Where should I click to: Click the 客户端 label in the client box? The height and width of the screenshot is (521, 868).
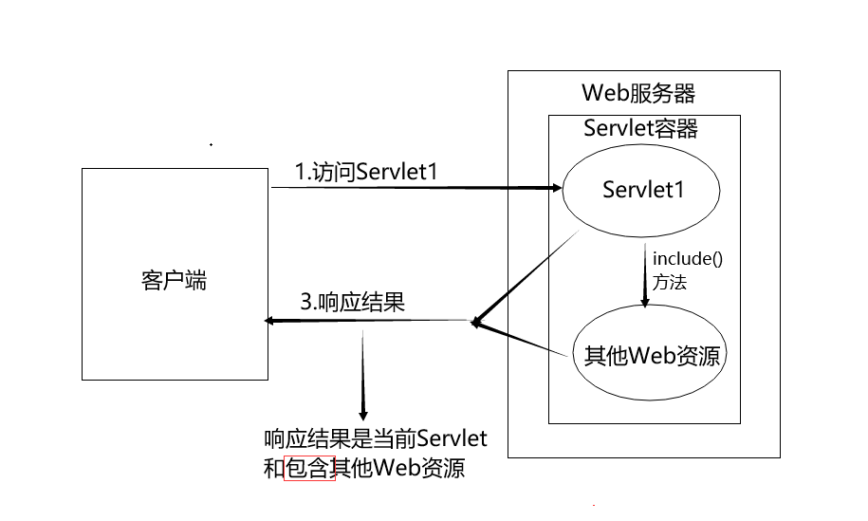click(x=173, y=280)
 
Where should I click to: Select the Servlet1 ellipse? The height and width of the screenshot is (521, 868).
click(x=643, y=190)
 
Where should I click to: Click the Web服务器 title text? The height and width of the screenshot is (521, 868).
click(x=637, y=94)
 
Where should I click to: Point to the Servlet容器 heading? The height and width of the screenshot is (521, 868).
click(x=641, y=128)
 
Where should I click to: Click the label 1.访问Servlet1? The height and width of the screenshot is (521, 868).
click(x=365, y=172)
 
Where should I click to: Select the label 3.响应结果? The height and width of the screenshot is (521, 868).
click(x=353, y=304)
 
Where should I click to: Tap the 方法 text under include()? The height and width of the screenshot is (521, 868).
click(x=670, y=282)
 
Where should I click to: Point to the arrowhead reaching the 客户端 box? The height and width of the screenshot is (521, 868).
click(x=269, y=322)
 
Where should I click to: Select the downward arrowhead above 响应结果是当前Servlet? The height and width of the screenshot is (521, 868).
click(x=361, y=413)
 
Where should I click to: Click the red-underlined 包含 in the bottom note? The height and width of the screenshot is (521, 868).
click(x=310, y=469)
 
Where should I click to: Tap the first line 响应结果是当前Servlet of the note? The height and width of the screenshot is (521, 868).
click(x=375, y=438)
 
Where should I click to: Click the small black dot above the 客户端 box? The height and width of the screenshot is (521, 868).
click(x=211, y=145)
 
